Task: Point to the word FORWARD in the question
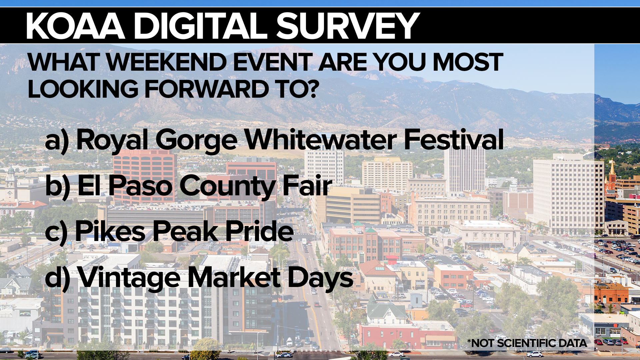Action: pyautogui.click(x=206, y=89)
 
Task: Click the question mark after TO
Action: pyautogui.click(x=313, y=89)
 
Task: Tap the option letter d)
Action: pyautogui.click(x=58, y=278)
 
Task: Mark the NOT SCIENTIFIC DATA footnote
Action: pyautogui.click(x=527, y=343)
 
